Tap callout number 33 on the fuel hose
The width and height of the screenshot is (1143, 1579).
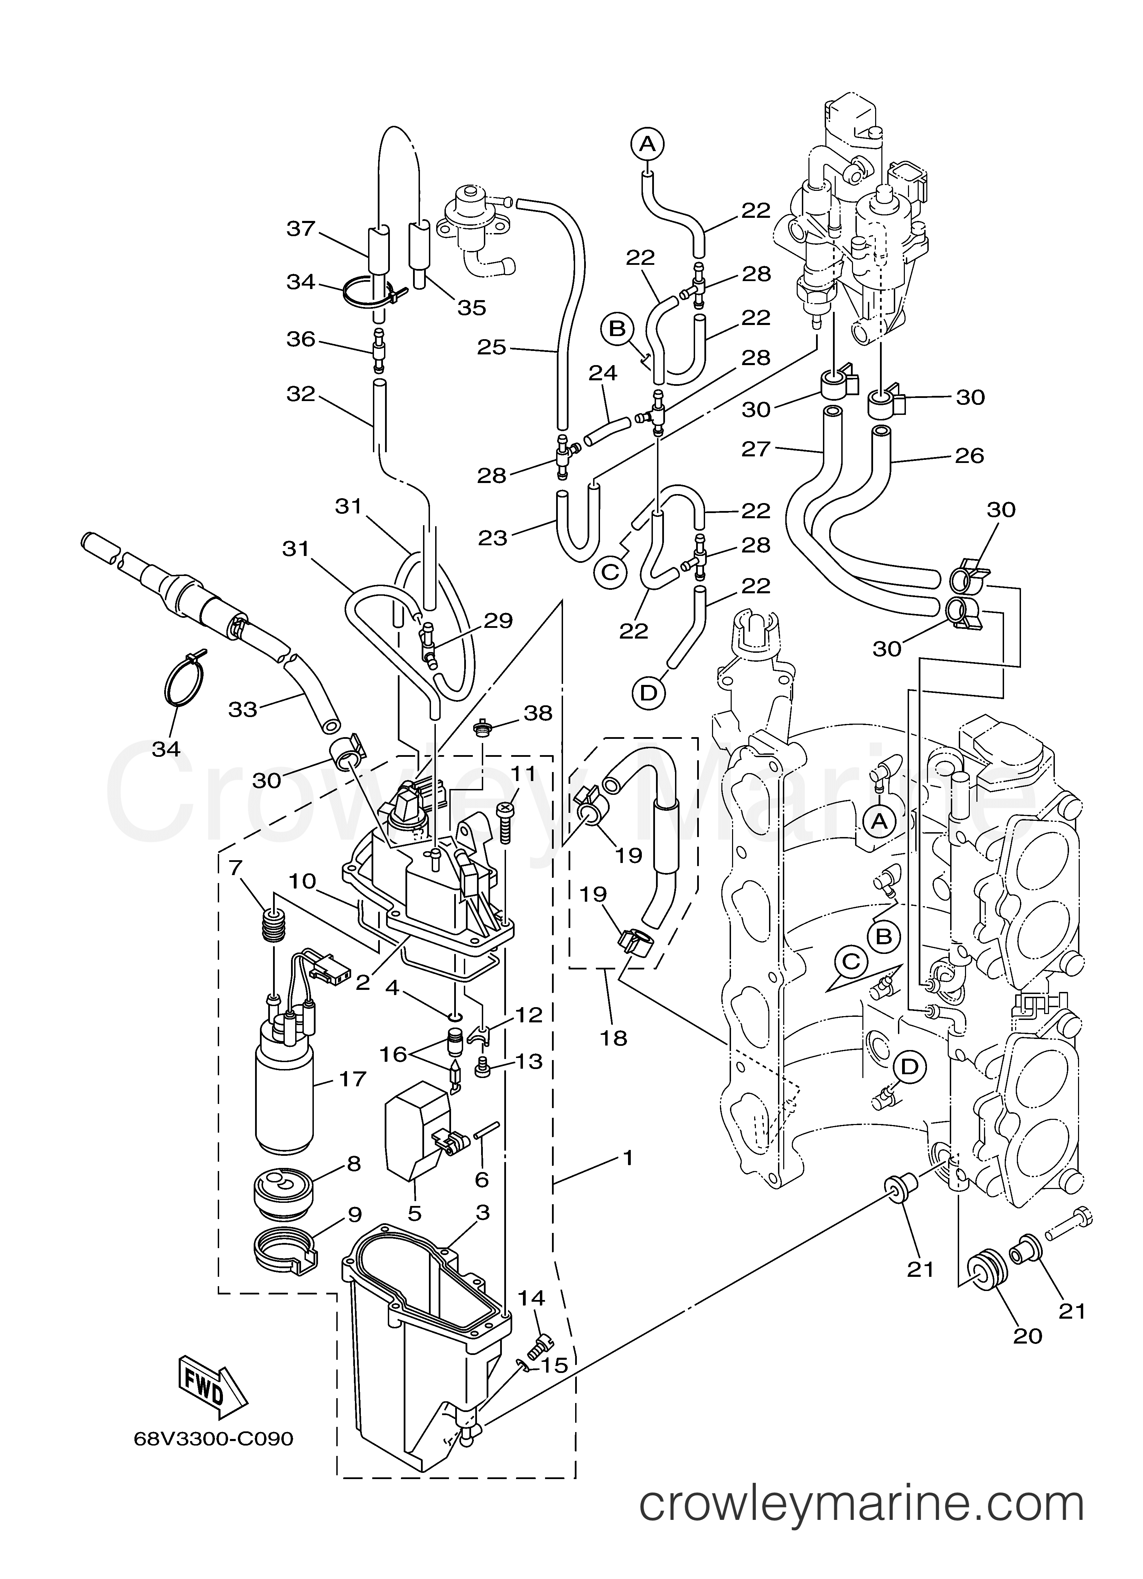pos(243,709)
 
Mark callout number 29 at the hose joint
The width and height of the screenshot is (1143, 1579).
pos(498,620)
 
